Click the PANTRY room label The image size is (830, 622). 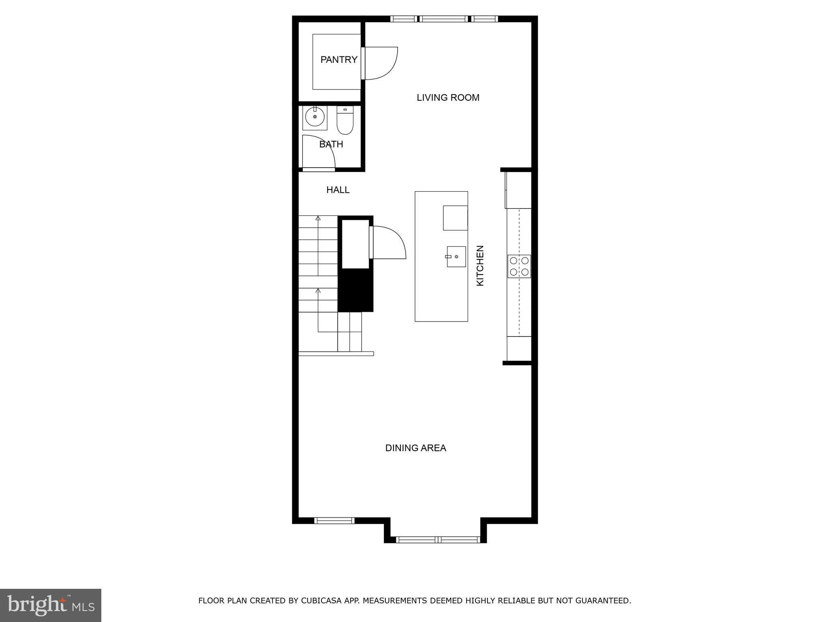339,60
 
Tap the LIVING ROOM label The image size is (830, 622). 448,98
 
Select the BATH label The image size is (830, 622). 331,144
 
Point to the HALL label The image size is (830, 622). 338,190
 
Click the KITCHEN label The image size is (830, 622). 480,266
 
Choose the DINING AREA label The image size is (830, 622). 415,448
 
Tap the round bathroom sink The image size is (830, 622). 315,117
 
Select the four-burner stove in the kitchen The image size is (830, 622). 519,266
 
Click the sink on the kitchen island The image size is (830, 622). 456,257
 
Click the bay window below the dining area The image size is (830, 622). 438,539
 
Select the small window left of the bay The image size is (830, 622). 334,521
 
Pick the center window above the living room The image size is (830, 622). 444,19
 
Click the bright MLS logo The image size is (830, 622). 51,605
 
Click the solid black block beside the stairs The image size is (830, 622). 355,290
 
